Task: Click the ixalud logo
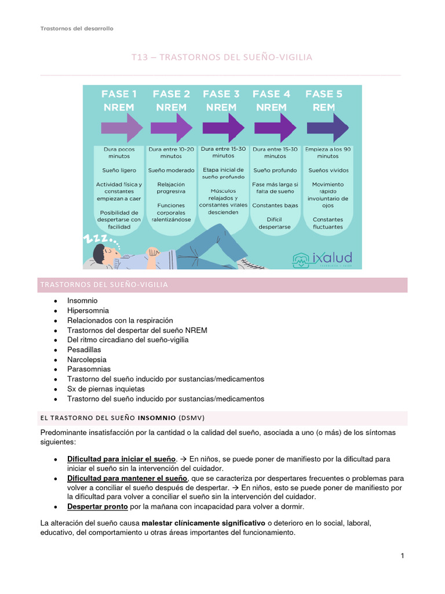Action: coord(322,258)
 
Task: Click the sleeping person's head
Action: coord(103,253)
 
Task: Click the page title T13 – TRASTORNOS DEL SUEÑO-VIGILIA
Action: coord(222,57)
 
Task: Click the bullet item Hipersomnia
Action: coord(88,310)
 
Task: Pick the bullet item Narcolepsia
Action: coord(86,359)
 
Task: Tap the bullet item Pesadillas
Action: coord(84,350)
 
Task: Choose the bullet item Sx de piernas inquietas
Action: coord(106,389)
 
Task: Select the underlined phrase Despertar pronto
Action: coord(97,506)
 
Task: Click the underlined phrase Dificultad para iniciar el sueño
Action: coord(121,459)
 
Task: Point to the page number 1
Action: coord(402,556)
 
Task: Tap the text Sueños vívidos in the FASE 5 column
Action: coord(327,171)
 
